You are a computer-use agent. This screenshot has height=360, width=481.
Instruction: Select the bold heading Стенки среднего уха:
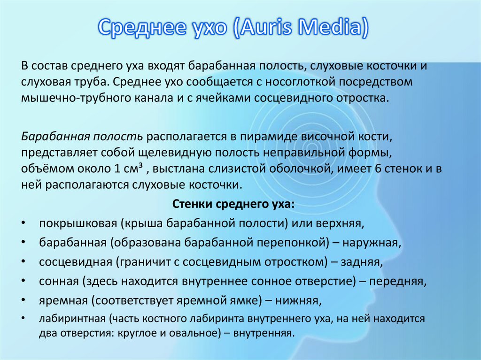pos(233,205)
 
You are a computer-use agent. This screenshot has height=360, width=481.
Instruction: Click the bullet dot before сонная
pos(23,281)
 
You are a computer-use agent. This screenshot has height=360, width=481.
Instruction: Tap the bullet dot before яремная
pos(23,299)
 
